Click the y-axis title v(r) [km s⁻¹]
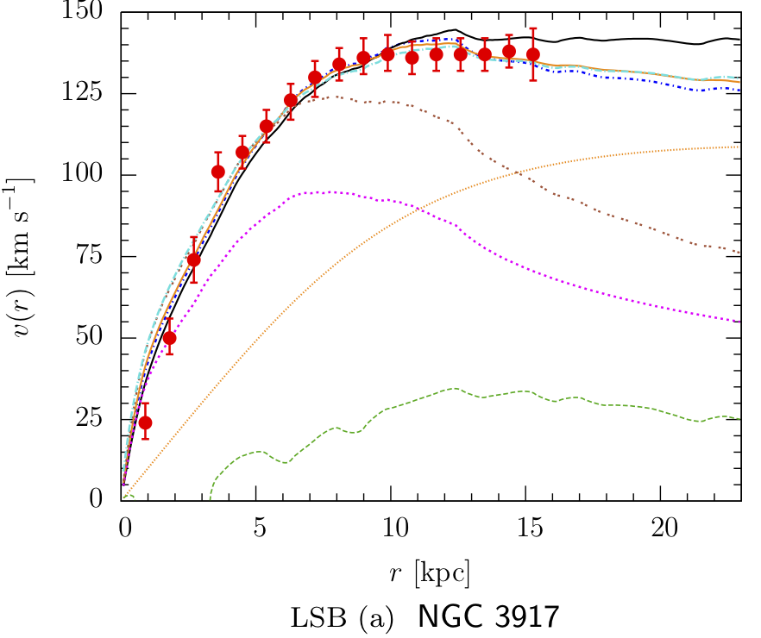[26, 256]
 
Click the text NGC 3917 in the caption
[488, 617]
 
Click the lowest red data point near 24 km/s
[145, 422]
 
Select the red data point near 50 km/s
[170, 338]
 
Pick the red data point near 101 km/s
[218, 172]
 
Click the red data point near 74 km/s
[194, 260]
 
